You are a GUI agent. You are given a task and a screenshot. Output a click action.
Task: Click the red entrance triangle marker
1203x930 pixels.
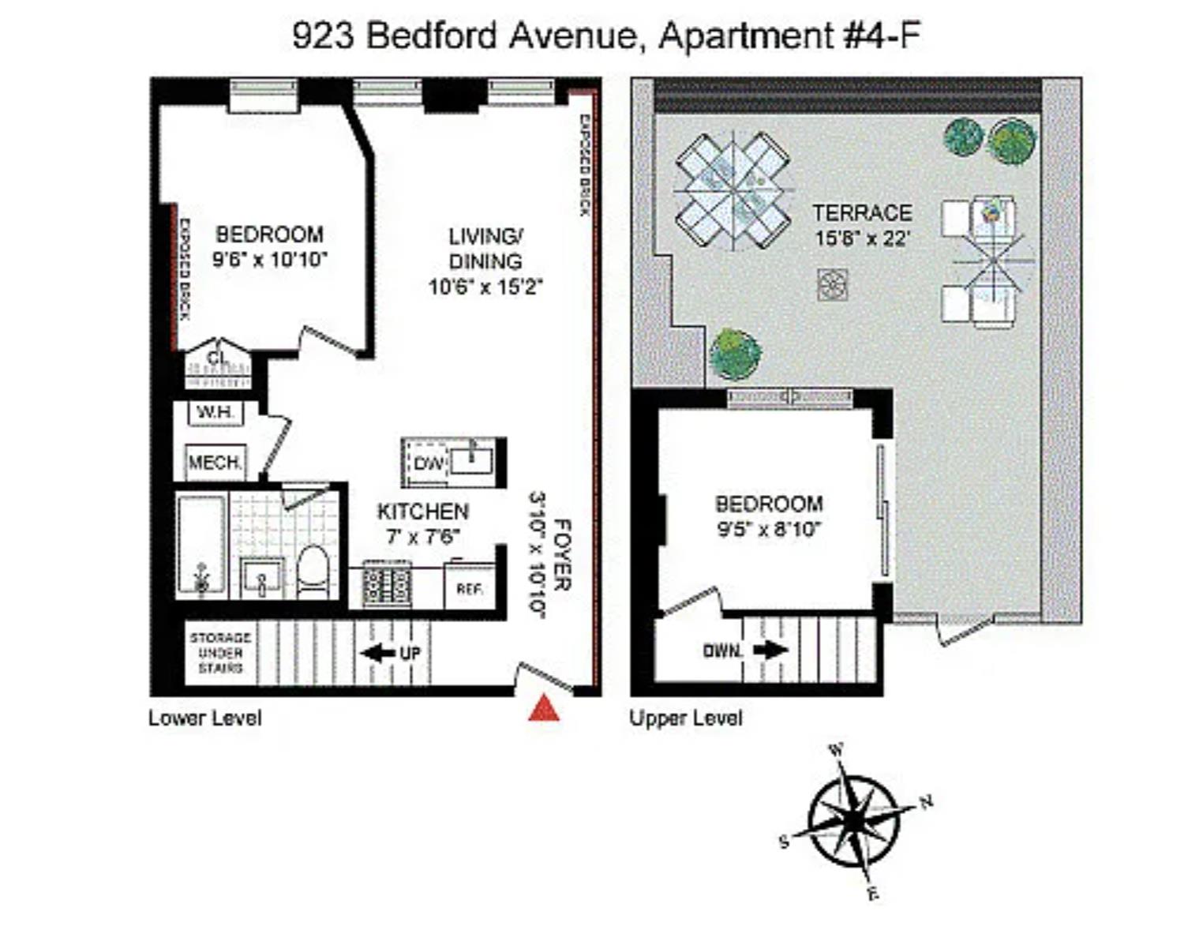(x=544, y=709)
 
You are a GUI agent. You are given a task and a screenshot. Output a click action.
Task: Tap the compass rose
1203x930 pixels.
(x=854, y=821)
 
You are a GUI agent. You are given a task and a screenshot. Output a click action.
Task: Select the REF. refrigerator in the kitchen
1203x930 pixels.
(x=470, y=588)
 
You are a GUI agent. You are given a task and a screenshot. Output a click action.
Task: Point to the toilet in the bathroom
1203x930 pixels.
(x=313, y=572)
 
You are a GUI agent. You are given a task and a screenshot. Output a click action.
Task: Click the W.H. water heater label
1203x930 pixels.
(x=215, y=412)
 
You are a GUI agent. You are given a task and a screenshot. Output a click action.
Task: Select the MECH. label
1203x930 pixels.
(x=215, y=463)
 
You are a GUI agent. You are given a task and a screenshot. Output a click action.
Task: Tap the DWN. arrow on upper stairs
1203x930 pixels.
(x=770, y=651)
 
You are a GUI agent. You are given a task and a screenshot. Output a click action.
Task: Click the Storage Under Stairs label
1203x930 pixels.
(x=220, y=652)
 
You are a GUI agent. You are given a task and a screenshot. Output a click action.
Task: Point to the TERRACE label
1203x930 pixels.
(x=862, y=213)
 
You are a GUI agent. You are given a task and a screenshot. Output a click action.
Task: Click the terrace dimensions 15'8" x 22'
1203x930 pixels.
(x=863, y=238)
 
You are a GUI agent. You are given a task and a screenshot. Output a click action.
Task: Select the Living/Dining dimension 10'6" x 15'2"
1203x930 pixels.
(x=485, y=286)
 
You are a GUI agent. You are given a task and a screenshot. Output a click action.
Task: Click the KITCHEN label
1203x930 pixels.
(x=423, y=512)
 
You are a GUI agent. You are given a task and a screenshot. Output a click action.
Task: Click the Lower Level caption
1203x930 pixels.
(x=205, y=718)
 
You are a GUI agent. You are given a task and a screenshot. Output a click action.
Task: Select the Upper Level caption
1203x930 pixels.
(x=686, y=718)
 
